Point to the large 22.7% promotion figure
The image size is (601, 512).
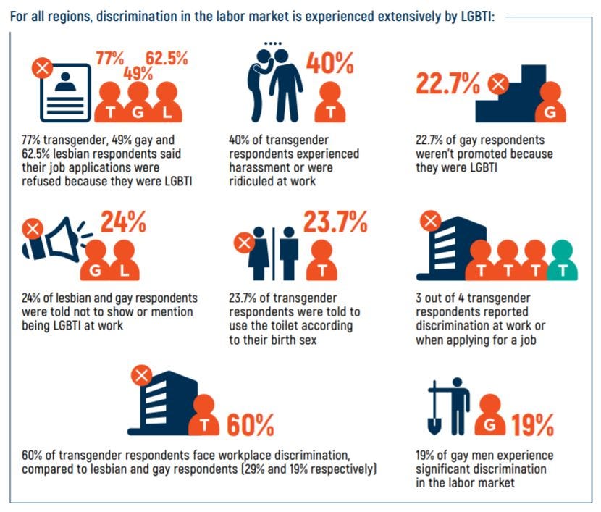pyautogui.click(x=447, y=83)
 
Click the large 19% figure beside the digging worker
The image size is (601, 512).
pyautogui.click(x=534, y=423)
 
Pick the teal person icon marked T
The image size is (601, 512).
pyautogui.click(x=562, y=261)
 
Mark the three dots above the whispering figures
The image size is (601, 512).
pyautogui.click(x=272, y=44)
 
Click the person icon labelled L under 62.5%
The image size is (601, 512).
pyautogui.click(x=167, y=104)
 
